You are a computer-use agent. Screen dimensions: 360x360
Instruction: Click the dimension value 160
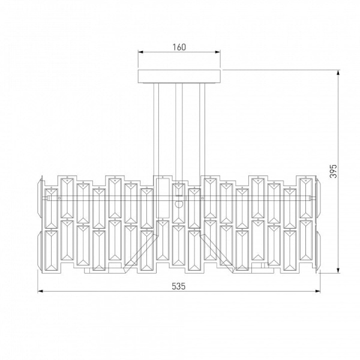[179, 47]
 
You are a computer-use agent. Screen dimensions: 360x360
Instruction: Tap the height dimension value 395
[334, 171]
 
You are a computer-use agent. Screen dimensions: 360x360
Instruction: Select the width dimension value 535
[178, 286]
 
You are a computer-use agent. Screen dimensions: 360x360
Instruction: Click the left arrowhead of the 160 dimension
[140, 52]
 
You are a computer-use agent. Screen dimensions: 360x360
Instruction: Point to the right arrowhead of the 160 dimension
[218, 52]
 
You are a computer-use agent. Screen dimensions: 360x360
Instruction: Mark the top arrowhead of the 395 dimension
[338, 73]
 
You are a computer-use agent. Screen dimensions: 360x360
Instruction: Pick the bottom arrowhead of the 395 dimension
[338, 271]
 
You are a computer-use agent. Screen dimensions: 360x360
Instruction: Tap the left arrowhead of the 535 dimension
[40, 291]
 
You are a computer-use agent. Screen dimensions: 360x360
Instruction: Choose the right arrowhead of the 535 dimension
[317, 291]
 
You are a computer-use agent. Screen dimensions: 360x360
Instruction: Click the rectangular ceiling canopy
[179, 76]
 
